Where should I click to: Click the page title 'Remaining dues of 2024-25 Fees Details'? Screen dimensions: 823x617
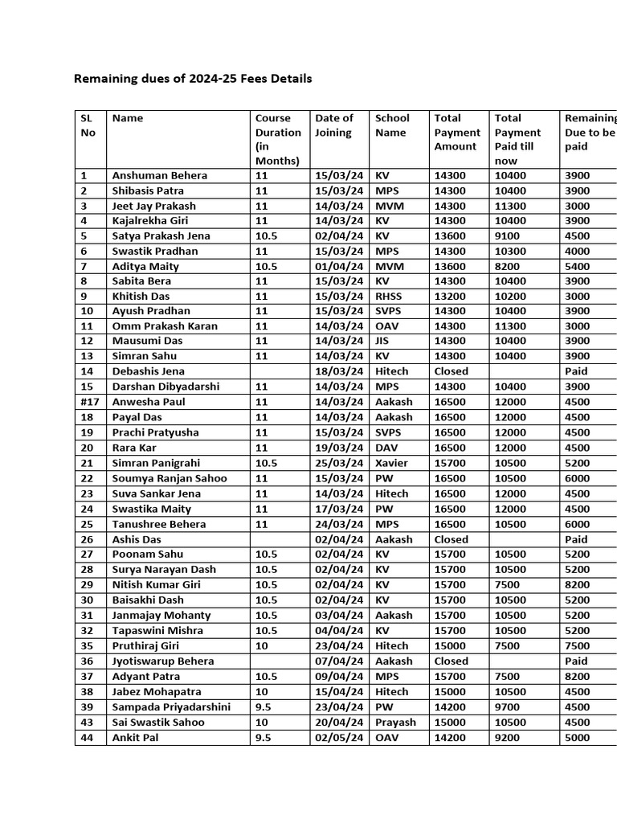pos(193,79)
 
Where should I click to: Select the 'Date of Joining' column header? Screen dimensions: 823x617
pos(333,125)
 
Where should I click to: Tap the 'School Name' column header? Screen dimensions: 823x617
pos(392,125)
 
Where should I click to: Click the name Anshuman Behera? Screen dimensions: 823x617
pos(160,175)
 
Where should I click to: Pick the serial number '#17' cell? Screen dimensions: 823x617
pos(88,402)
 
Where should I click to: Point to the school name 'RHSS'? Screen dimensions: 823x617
pos(390,296)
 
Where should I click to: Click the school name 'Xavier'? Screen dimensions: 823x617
pos(391,463)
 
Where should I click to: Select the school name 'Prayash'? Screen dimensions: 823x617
pos(395,722)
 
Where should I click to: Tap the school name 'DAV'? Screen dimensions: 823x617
pos(386,448)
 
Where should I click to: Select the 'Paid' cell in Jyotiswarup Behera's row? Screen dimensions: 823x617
pos(576,661)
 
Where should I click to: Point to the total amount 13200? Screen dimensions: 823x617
pos(449,296)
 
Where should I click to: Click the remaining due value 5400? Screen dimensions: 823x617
pos(577,266)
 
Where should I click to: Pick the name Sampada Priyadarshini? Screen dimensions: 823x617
pos(171,706)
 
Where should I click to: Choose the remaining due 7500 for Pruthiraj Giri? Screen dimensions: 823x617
pos(577,645)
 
